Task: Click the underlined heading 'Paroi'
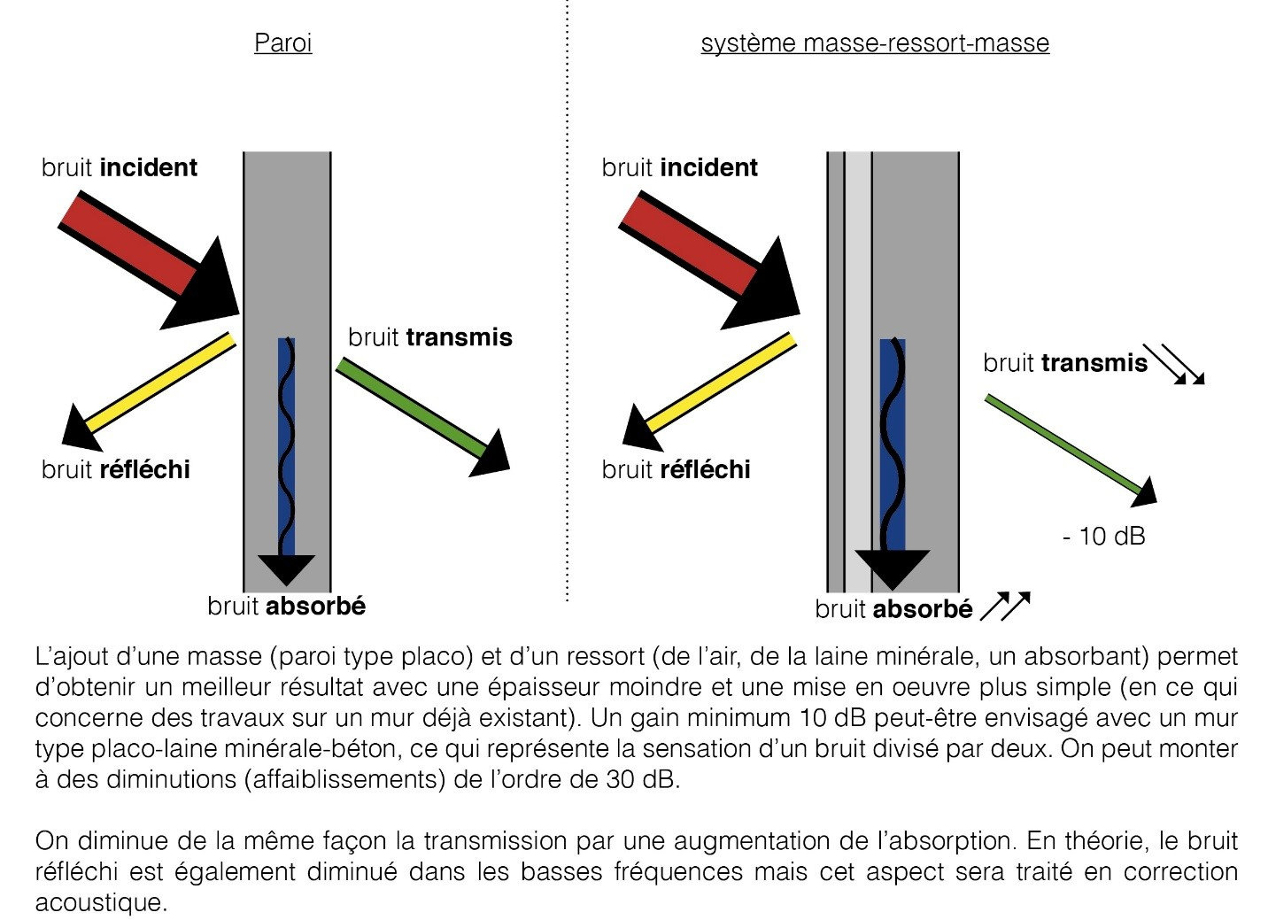pos(282,43)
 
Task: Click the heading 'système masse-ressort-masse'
pos(875,43)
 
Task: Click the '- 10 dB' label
pos(1103,536)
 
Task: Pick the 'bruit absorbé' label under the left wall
pos(286,606)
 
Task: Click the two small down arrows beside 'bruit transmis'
pos(1174,364)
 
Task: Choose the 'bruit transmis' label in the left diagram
pos(429,337)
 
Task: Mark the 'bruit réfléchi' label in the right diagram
pos(676,469)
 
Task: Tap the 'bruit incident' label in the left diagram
pos(120,167)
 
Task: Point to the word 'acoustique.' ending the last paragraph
pos(100,902)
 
